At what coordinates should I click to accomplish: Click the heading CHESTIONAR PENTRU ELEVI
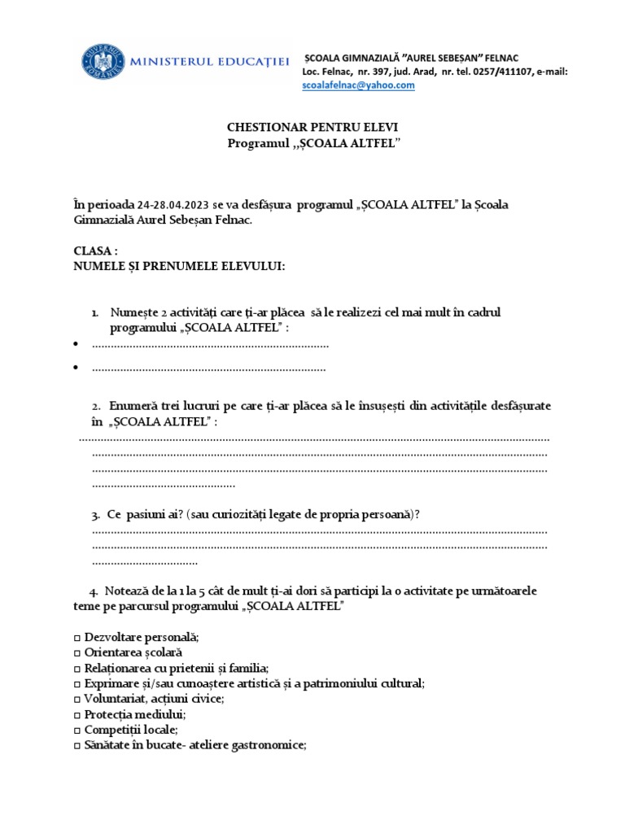[312, 129]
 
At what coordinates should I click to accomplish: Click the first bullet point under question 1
[76, 345]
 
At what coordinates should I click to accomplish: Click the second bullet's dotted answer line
[209, 369]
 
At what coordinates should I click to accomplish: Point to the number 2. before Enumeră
[96, 405]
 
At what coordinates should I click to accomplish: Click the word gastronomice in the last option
[269, 745]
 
